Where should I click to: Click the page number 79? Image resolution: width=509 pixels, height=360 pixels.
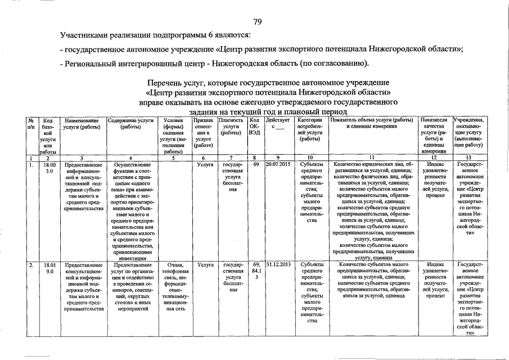pyautogui.click(x=258, y=22)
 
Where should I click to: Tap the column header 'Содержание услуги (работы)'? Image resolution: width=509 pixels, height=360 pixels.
pyautogui.click(x=130, y=124)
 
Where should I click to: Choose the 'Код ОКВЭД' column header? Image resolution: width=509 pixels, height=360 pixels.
pyautogui.click(x=255, y=127)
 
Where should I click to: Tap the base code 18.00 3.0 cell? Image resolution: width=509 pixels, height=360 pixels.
pyautogui.click(x=49, y=168)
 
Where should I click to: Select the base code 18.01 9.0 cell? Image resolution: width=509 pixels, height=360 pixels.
pyautogui.click(x=49, y=267)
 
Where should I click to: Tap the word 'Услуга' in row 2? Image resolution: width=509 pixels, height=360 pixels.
pyautogui.click(x=205, y=264)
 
